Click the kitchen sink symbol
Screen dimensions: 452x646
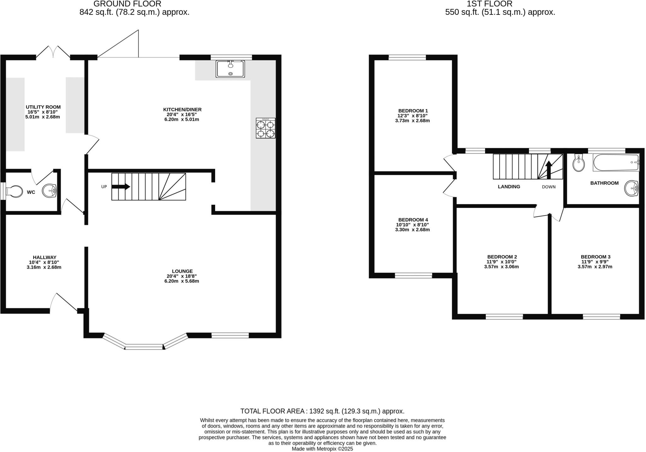point(230,69)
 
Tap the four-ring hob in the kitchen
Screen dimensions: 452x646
point(265,128)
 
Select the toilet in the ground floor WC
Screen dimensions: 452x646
point(15,191)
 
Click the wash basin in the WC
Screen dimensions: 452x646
point(50,191)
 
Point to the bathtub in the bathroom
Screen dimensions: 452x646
point(615,162)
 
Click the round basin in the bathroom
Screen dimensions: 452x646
point(631,189)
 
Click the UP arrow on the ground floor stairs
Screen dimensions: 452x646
point(121,186)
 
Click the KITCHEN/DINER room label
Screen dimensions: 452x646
point(182,109)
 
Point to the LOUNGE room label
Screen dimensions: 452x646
point(182,271)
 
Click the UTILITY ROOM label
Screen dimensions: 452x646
point(43,107)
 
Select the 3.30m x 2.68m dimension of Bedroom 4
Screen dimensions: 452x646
point(412,230)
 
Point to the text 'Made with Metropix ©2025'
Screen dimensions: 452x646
point(322,449)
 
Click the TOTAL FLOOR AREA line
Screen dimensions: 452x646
point(322,411)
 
